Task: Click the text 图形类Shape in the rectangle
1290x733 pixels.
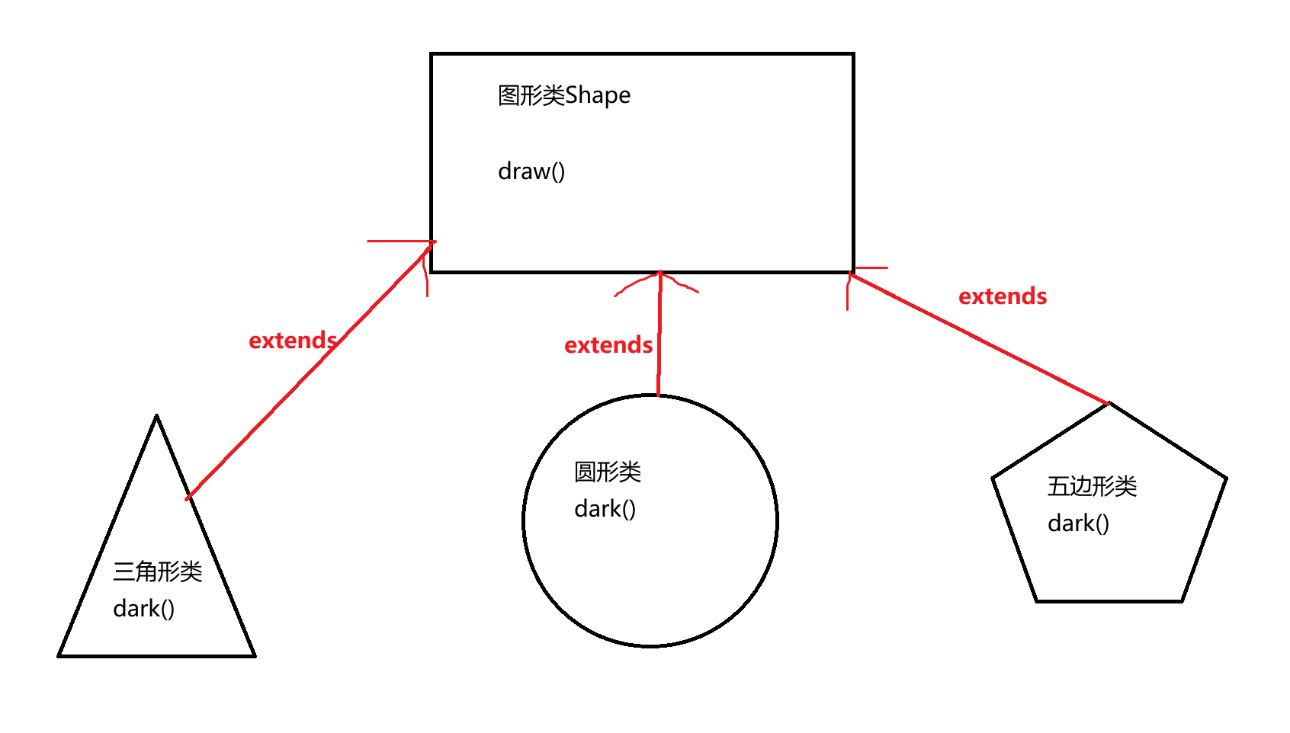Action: click(563, 95)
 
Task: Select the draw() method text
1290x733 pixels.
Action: click(531, 171)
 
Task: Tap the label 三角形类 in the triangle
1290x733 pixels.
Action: click(157, 571)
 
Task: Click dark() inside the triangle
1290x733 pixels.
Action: click(143, 609)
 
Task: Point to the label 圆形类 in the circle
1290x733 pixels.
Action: click(607, 472)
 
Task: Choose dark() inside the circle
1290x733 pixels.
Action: click(605, 509)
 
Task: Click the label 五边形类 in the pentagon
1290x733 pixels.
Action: click(1092, 486)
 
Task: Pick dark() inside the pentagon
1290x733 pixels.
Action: click(1078, 523)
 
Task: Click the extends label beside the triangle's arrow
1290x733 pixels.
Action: click(293, 341)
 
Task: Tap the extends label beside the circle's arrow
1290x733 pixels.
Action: click(608, 345)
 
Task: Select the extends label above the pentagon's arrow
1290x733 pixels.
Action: click(1003, 296)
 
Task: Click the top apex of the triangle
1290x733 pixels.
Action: click(156, 417)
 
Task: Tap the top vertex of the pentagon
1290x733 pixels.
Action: click(1109, 404)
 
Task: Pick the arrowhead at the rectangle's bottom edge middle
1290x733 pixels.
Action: click(660, 278)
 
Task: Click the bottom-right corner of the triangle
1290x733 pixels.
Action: click(254, 655)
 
